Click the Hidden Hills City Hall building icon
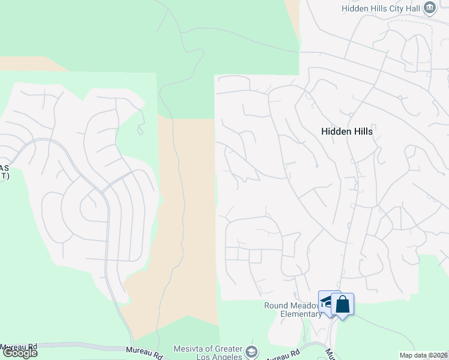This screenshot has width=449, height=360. (x=430, y=8)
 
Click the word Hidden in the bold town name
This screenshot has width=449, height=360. (x=336, y=131)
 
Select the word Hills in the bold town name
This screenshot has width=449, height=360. (x=363, y=131)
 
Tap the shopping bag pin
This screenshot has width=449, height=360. (x=342, y=304)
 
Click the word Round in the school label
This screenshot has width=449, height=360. (x=276, y=305)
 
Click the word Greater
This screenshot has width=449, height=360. (x=226, y=349)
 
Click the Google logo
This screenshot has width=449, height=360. (x=20, y=353)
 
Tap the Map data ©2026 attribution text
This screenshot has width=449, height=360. (x=424, y=355)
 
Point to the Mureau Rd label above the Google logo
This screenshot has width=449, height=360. (x=19, y=346)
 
